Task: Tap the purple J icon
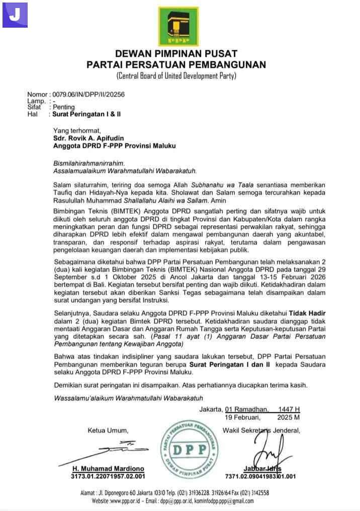15,15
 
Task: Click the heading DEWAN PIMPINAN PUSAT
176,54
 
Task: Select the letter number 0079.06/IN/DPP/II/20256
88,94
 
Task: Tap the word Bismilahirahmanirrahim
88,163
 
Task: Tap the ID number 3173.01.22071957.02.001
108,476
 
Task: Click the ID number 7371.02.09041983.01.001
260,476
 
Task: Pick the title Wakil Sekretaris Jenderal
261,430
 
